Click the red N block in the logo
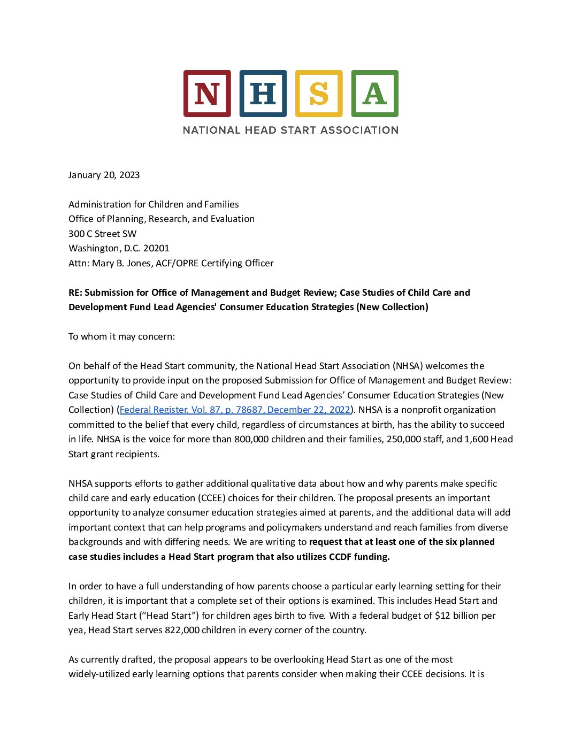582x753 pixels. click(207, 94)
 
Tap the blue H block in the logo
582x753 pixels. click(263, 94)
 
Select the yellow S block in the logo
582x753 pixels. click(319, 94)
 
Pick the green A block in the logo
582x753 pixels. click(374, 94)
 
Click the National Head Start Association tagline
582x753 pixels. click(290, 130)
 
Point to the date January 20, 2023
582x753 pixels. click(104, 175)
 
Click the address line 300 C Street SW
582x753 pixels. click(102, 234)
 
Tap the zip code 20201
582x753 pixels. click(156, 248)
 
